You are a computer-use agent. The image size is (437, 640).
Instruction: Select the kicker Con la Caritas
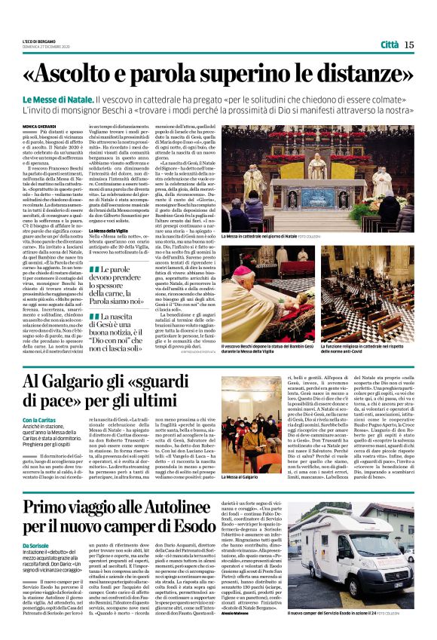coord(40,419)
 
